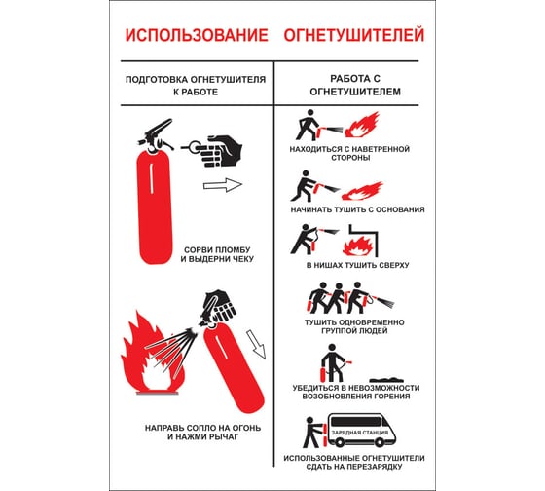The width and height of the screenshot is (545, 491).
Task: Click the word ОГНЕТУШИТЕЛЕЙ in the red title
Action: [x=353, y=36]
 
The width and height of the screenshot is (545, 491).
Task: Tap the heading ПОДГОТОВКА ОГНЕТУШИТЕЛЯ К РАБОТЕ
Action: [x=197, y=86]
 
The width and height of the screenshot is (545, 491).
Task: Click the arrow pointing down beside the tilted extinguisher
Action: [x=258, y=343]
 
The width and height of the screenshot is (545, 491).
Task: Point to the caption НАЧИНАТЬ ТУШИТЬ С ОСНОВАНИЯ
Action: [x=357, y=209]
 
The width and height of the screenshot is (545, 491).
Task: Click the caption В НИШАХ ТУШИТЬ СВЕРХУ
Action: [x=357, y=265]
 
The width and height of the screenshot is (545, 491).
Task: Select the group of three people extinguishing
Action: [x=335, y=296]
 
